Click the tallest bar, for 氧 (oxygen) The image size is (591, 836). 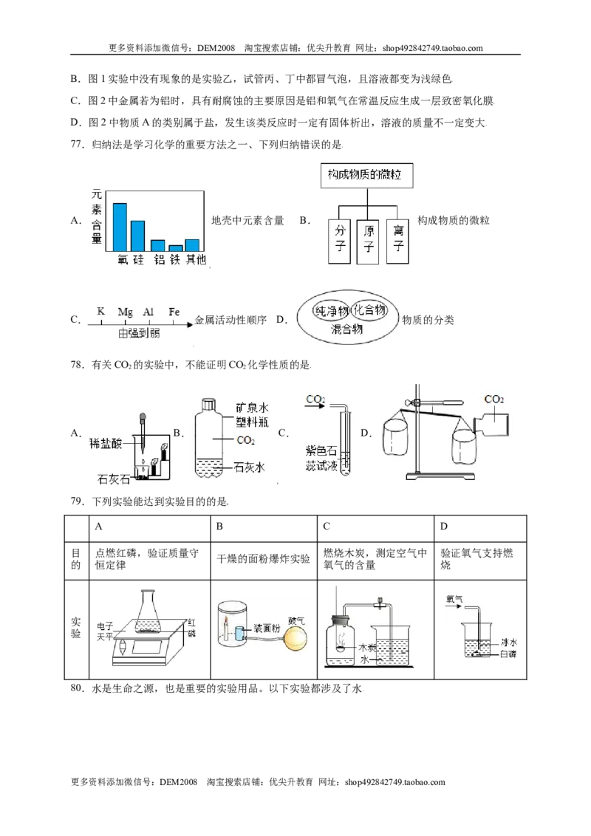click(120, 227)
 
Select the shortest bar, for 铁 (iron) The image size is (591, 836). click(176, 248)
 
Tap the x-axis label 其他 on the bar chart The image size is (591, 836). click(195, 260)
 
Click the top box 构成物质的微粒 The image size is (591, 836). click(367, 176)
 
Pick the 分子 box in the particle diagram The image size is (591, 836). click(339, 240)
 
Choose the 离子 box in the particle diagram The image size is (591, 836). click(398, 240)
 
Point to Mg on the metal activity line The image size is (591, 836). click(126, 312)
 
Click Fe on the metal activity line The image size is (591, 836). click(174, 312)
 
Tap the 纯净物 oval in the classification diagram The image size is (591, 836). click(331, 312)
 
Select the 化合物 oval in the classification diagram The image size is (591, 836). click(369, 309)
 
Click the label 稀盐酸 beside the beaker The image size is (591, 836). click(106, 443)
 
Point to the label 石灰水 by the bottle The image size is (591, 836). click(250, 467)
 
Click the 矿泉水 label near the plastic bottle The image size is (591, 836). click(252, 408)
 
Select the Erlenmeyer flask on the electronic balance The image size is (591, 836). click(149, 611)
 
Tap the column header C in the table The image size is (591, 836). click(327, 527)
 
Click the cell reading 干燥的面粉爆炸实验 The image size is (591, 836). click(264, 559)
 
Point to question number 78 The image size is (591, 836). click(78, 366)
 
